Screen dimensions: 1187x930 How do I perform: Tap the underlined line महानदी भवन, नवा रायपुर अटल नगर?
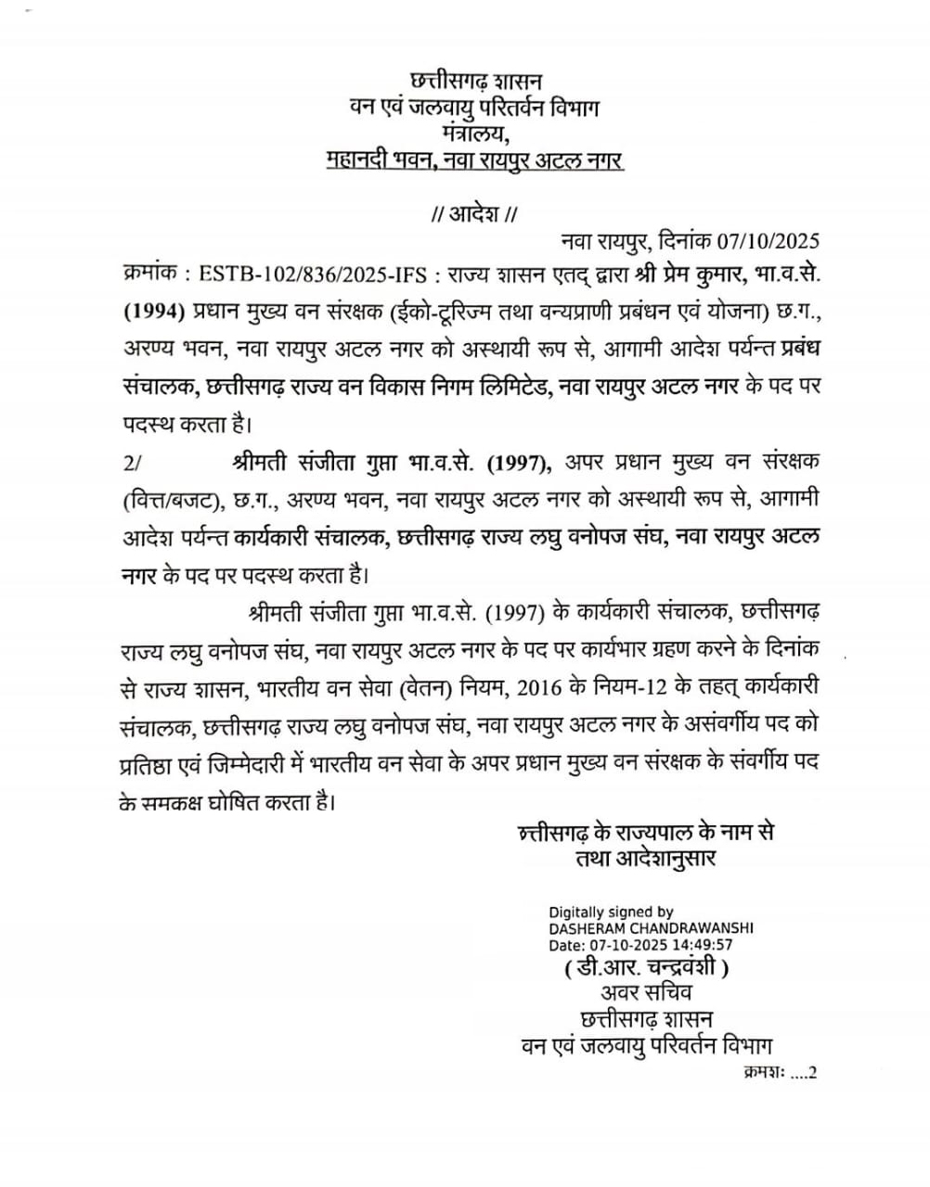tap(475, 161)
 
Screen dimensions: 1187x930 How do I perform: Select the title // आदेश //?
tap(474, 215)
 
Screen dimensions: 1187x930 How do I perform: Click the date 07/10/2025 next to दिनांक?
tap(769, 242)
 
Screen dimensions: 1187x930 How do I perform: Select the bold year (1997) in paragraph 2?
tap(520, 462)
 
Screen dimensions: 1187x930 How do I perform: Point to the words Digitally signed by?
tap(611, 913)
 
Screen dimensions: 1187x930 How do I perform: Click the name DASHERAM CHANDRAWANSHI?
tap(651, 927)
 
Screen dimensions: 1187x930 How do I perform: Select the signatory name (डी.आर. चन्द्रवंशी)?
tap(646, 969)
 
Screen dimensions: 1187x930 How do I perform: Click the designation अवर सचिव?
tap(647, 994)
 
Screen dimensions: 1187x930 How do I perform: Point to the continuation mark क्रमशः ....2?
tap(779, 1073)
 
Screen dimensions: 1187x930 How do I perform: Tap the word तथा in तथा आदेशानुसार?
tap(591, 858)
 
